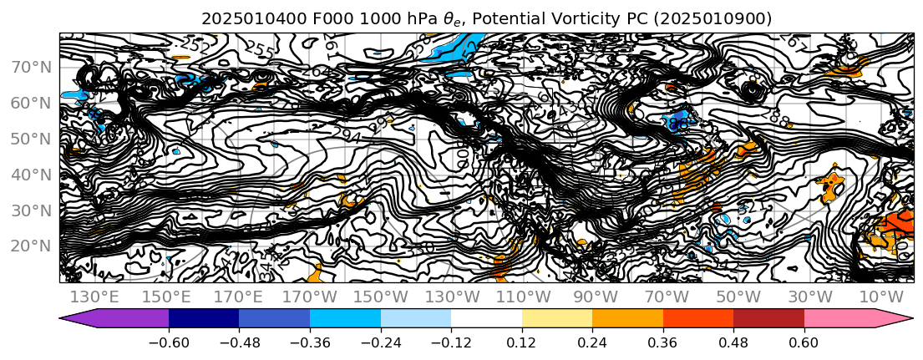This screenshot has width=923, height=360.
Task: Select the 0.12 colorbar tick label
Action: [522, 342]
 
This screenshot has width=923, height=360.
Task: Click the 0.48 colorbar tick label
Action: [733, 342]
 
